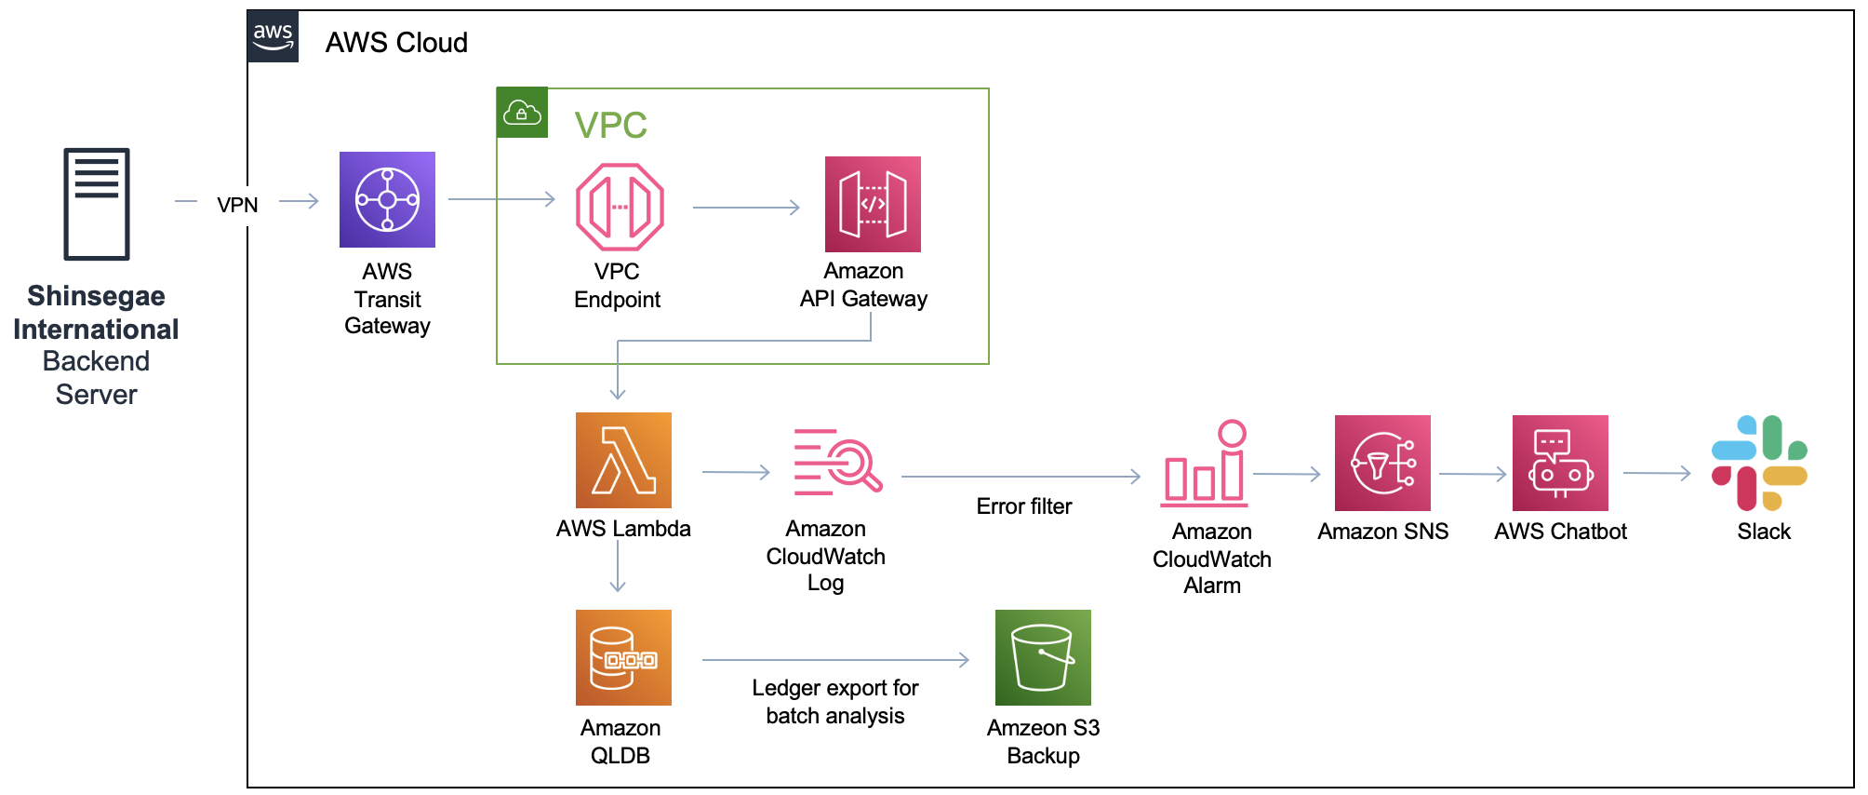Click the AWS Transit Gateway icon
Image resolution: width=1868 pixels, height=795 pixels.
[387, 199]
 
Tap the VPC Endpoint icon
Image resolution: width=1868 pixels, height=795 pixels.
[620, 207]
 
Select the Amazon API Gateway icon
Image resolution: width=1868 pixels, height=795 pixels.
[873, 204]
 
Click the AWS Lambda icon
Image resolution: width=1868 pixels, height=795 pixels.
[623, 460]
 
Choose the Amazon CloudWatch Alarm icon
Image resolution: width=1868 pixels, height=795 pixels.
[1205, 464]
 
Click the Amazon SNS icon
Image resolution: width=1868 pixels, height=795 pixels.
[1382, 463]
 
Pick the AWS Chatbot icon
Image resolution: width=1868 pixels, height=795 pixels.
[1560, 463]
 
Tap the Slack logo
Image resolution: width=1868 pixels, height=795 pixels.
[1759, 463]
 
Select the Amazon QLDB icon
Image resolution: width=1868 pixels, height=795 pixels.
[623, 657]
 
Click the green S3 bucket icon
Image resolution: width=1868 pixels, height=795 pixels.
[1043, 657]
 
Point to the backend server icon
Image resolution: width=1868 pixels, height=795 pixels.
[97, 204]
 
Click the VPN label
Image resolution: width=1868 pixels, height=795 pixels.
[237, 205]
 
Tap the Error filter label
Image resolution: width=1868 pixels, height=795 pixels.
[1024, 506]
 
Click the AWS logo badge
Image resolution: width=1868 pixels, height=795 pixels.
[274, 37]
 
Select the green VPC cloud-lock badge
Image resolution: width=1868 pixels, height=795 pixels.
[522, 113]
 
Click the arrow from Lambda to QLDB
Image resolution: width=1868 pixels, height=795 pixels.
[618, 566]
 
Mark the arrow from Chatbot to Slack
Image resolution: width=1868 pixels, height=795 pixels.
[1657, 473]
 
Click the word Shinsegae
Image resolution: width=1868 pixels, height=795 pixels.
[96, 296]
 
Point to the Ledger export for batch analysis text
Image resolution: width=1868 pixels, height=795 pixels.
[835, 702]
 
